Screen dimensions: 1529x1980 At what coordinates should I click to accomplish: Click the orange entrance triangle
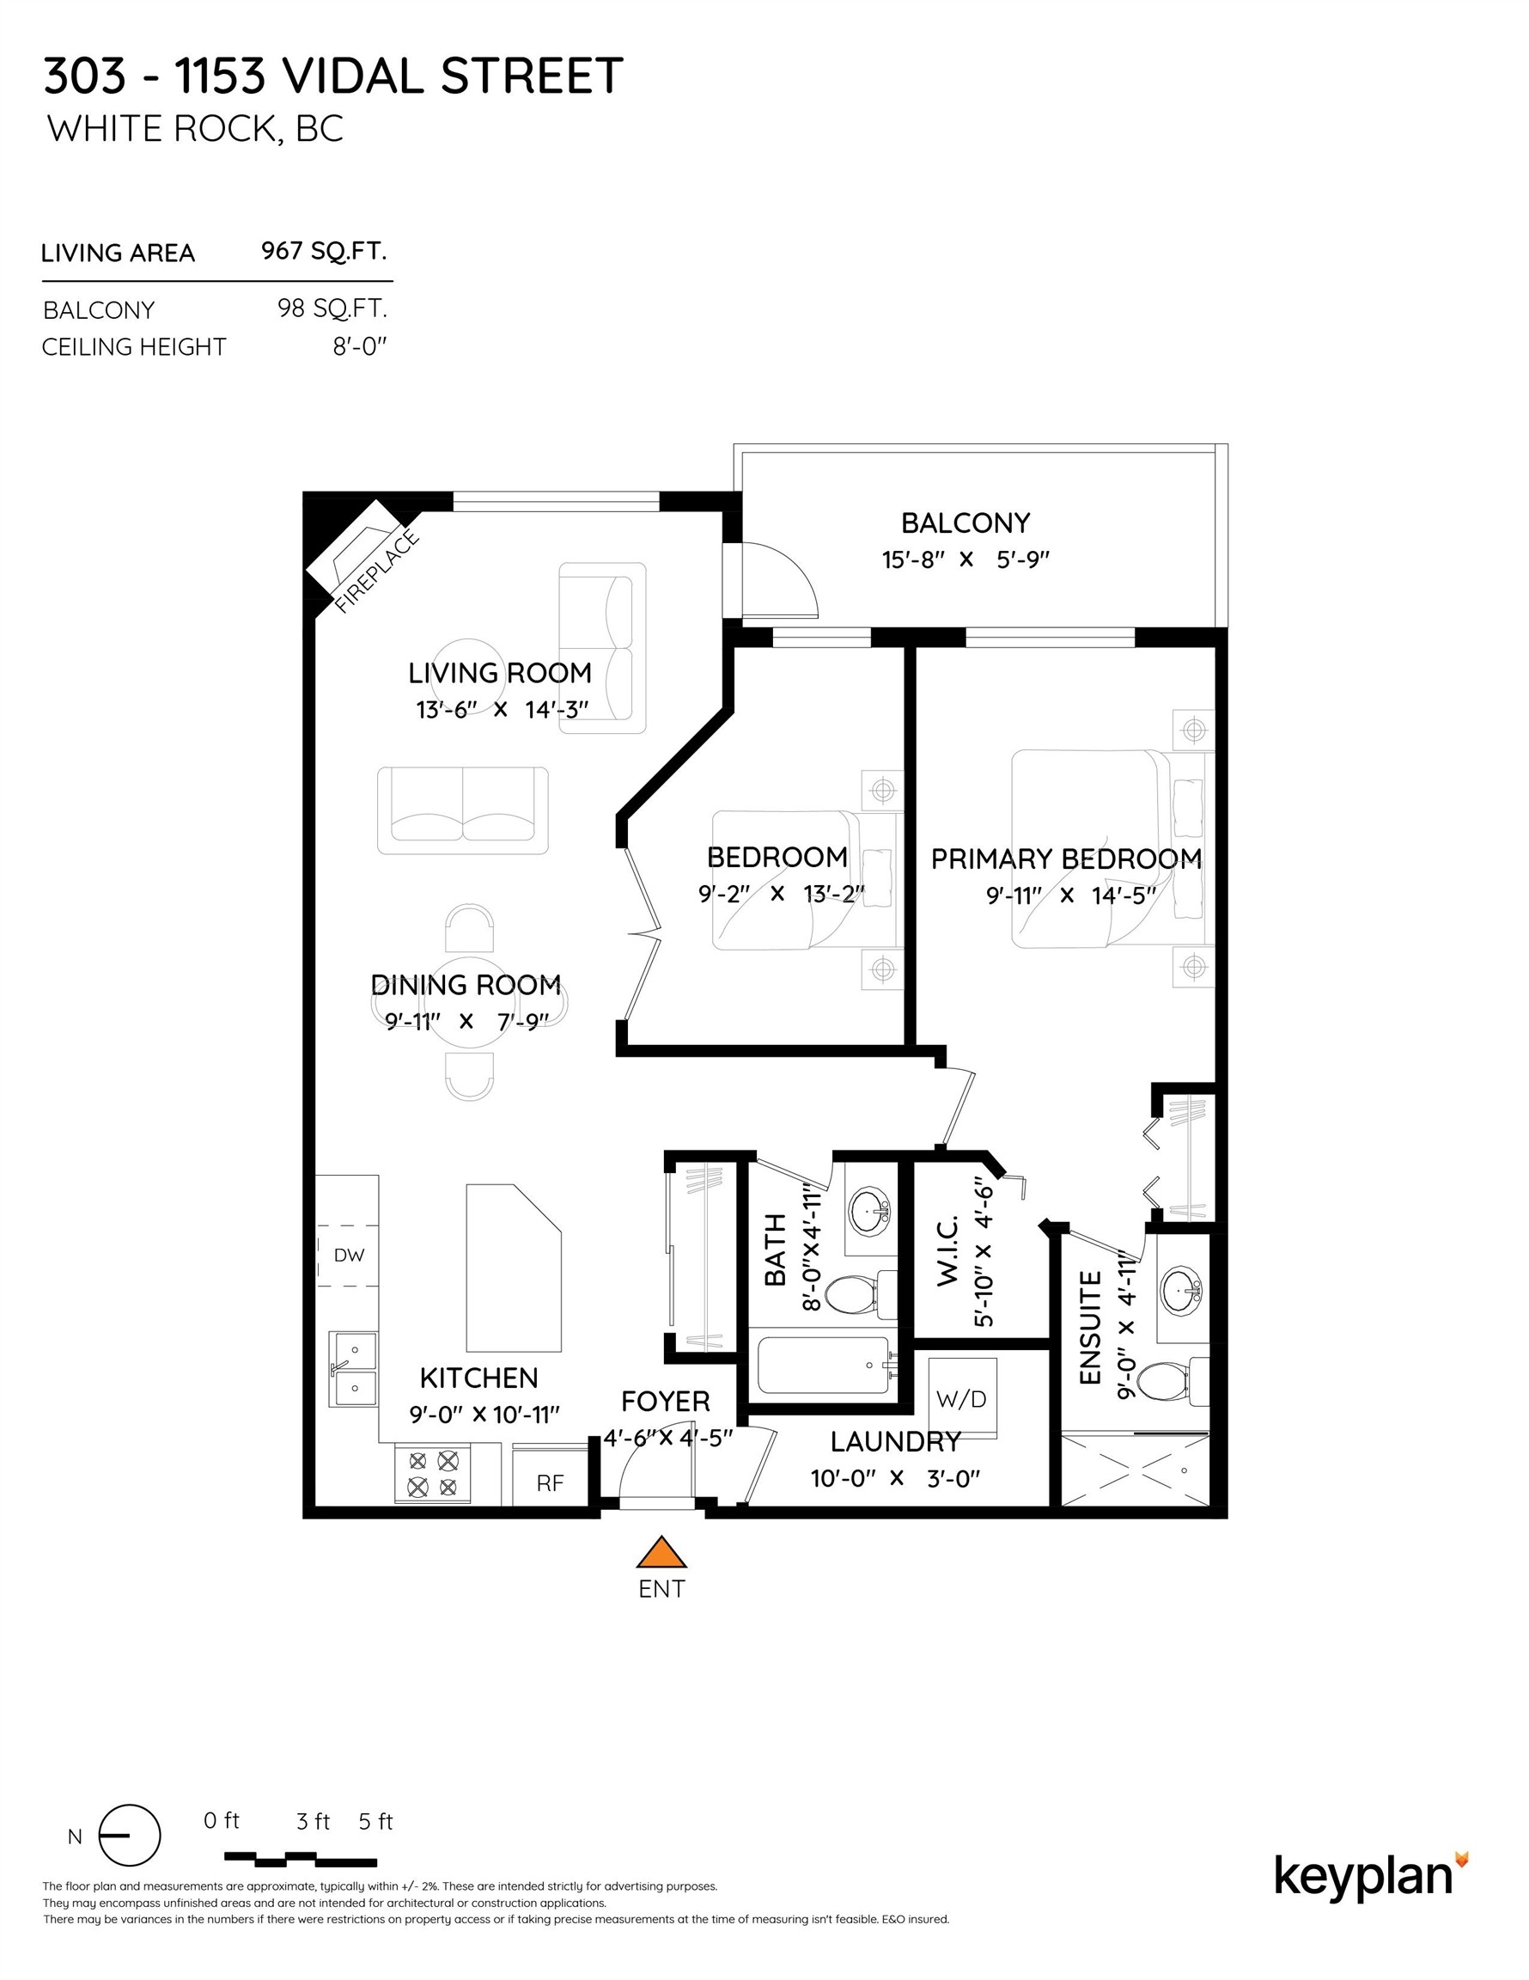[x=661, y=1553]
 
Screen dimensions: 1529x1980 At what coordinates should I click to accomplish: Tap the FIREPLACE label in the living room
[x=377, y=573]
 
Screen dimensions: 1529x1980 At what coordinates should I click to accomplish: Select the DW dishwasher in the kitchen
[x=348, y=1256]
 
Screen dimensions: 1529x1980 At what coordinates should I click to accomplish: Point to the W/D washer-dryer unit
[x=961, y=1399]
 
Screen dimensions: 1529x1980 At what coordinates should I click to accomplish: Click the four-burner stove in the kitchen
[x=432, y=1474]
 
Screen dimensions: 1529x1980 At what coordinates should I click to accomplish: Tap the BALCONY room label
[x=966, y=523]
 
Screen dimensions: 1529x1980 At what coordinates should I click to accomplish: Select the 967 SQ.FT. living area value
[x=325, y=251]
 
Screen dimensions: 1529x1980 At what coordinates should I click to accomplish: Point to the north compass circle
[x=130, y=1836]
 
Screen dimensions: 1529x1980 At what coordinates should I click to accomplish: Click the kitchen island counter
[x=514, y=1268]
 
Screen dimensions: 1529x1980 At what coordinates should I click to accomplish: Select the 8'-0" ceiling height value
[x=360, y=346]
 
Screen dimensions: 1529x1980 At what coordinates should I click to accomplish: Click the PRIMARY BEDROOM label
[x=1066, y=859]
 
